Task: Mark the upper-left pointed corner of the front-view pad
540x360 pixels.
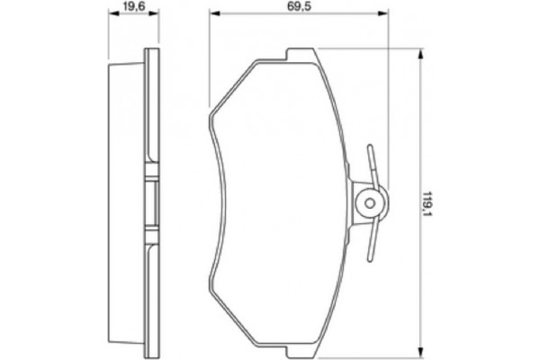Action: point(210,114)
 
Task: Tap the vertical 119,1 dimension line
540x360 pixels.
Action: point(419,270)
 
